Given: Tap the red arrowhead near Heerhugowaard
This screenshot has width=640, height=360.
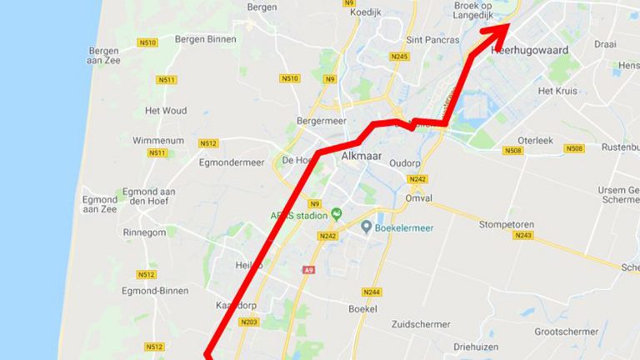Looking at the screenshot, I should pyautogui.click(x=499, y=30).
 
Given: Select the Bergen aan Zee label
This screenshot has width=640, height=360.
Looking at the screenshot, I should pyautogui.click(x=103, y=56).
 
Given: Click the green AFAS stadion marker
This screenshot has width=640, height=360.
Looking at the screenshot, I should pyautogui.click(x=337, y=213).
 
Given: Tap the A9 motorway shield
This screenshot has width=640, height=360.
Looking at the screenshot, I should pyautogui.click(x=309, y=269).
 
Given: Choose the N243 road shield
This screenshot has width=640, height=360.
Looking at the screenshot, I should pyautogui.click(x=523, y=236).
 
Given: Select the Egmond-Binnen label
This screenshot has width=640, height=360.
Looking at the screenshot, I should pyautogui.click(x=153, y=291).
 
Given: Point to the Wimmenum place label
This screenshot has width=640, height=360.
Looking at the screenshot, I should pyautogui.click(x=158, y=141).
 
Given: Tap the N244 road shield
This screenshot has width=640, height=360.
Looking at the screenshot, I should pyautogui.click(x=371, y=292).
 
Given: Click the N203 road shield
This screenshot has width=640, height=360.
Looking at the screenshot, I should pyautogui.click(x=247, y=322).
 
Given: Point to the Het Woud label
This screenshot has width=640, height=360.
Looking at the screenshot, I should pyautogui.click(x=166, y=110).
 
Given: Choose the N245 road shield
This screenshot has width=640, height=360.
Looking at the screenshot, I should pyautogui.click(x=399, y=57).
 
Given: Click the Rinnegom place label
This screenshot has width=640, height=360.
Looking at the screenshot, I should pyautogui.click(x=144, y=232).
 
